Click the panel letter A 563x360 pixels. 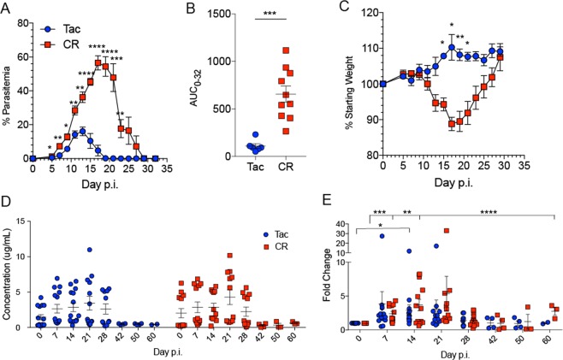[7, 8]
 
